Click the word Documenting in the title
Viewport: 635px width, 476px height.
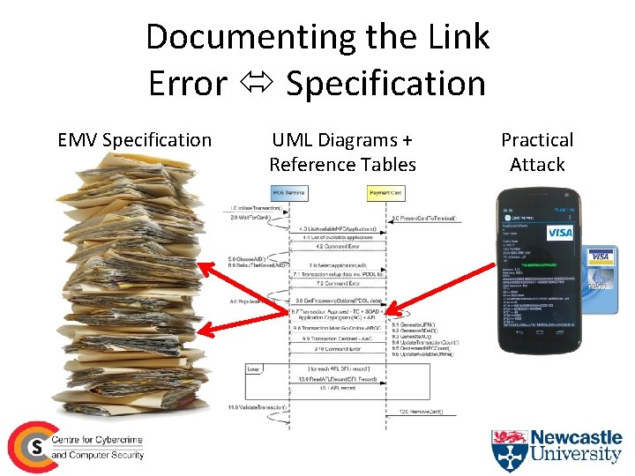click(x=233, y=38)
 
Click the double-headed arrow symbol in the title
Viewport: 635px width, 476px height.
click(x=256, y=84)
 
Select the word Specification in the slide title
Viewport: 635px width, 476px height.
click(x=386, y=84)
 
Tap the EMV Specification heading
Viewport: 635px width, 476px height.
click(x=134, y=140)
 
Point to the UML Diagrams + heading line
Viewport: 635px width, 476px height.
click(x=342, y=140)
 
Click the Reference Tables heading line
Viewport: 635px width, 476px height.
click(x=342, y=164)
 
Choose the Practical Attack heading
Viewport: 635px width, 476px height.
click(x=537, y=152)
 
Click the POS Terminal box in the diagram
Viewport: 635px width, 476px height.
click(x=290, y=192)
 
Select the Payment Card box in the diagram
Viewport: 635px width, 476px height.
click(x=385, y=192)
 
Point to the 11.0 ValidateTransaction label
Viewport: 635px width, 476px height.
click(x=258, y=407)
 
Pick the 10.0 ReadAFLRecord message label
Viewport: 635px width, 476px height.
click(x=337, y=379)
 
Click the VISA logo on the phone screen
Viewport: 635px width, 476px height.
click(x=560, y=233)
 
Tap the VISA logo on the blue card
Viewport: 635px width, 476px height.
click(x=601, y=257)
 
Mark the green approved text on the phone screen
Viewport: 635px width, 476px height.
click(x=538, y=264)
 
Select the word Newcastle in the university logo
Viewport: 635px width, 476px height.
click(x=577, y=437)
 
